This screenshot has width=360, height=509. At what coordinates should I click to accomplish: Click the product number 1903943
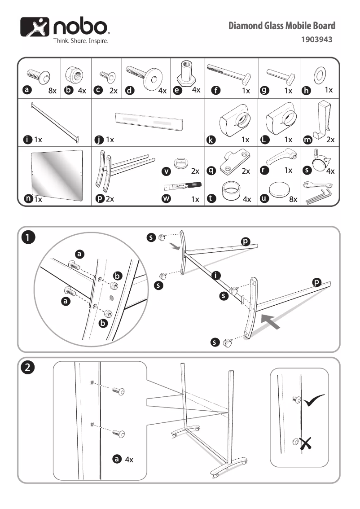point(316,39)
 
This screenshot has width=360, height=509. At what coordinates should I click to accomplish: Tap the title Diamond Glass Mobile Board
point(281,26)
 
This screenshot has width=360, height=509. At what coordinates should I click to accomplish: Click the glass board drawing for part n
point(57,175)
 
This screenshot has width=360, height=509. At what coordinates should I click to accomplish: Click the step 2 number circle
point(28,368)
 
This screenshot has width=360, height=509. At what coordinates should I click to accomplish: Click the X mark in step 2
point(307,444)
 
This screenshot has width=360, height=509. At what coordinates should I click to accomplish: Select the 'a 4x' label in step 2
point(123,459)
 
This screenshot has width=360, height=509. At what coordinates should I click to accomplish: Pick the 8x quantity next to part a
point(53,91)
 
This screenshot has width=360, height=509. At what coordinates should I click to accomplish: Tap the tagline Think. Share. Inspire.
point(81,40)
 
